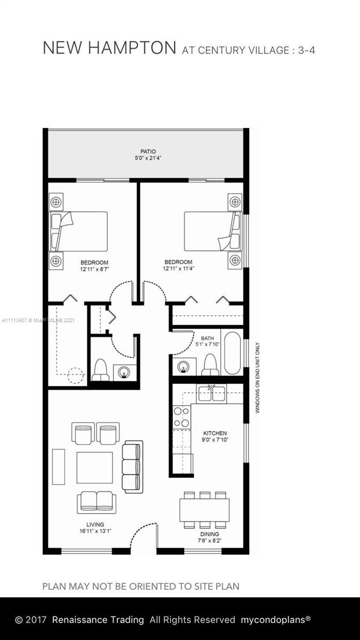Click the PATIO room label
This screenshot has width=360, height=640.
pyautogui.click(x=148, y=151)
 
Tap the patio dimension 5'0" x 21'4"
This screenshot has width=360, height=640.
pyautogui.click(x=148, y=158)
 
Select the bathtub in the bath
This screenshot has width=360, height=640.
pyautogui.click(x=233, y=353)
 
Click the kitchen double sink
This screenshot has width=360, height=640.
pyautogui.click(x=211, y=394)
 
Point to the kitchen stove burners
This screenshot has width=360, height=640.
pyautogui.click(x=182, y=417)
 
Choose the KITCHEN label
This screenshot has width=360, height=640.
pyautogui.click(x=215, y=433)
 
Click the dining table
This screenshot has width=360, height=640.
pyautogui.click(x=205, y=510)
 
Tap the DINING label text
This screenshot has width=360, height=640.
pyautogui.click(x=210, y=534)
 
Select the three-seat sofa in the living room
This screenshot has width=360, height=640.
pyautogui.click(x=133, y=467)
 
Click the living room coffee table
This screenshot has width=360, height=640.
pyautogui.click(x=94, y=467)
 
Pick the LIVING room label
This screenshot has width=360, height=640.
pyautogui.click(x=95, y=525)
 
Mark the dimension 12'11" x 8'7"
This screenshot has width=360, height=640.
pyautogui.click(x=94, y=269)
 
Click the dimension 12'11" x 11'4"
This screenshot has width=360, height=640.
pyautogui.click(x=179, y=269)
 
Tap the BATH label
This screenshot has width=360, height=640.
pyautogui.click(x=207, y=338)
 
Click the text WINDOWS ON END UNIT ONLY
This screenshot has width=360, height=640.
pyautogui.click(x=258, y=378)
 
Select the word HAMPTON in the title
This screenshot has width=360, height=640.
pyautogui.click(x=132, y=47)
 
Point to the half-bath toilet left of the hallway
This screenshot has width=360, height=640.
pyautogui.click(x=100, y=370)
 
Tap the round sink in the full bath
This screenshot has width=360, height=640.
pyautogui.click(x=183, y=366)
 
